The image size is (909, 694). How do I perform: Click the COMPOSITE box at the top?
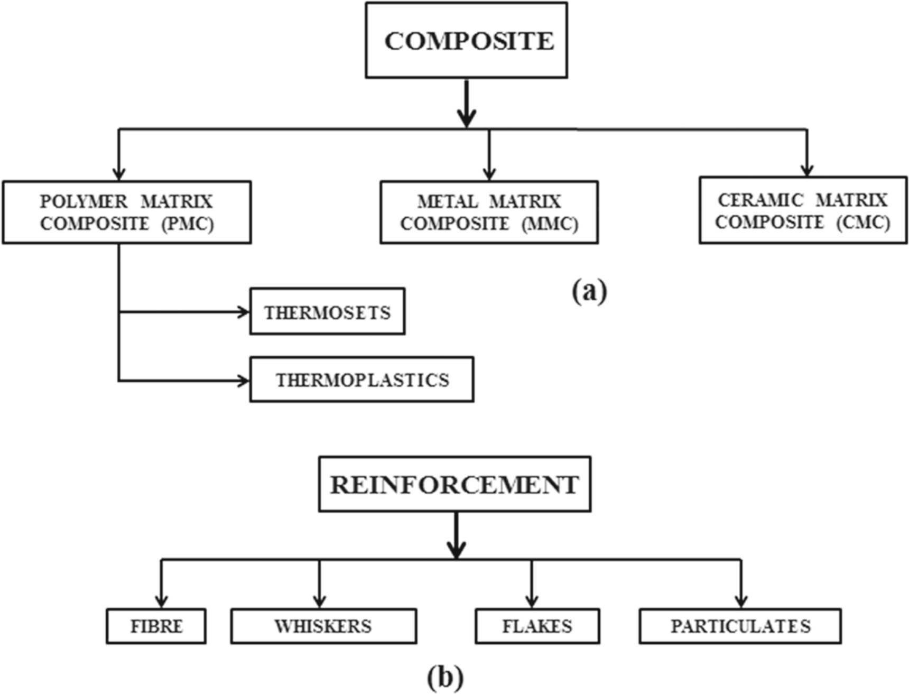[x=466, y=41]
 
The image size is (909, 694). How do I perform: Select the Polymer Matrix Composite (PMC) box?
[x=126, y=212]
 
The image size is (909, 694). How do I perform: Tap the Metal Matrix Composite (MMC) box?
[x=489, y=212]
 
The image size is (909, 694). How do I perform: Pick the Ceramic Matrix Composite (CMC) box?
[x=803, y=210]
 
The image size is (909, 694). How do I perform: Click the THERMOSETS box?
[x=327, y=312]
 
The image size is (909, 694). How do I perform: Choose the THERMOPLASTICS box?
[x=361, y=380]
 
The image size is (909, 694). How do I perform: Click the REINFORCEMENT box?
[x=454, y=484]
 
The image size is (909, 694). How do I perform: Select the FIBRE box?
[x=156, y=626]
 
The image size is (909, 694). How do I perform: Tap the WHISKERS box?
[x=323, y=626]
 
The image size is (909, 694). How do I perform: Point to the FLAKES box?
[x=537, y=626]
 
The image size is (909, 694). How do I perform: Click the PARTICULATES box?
[x=740, y=626]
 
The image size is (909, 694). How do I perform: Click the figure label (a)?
[x=589, y=291]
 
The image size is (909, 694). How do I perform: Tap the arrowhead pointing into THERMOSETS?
[x=244, y=312]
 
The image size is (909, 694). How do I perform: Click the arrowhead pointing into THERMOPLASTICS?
[x=244, y=381]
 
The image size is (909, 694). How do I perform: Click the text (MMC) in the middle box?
[x=550, y=224]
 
